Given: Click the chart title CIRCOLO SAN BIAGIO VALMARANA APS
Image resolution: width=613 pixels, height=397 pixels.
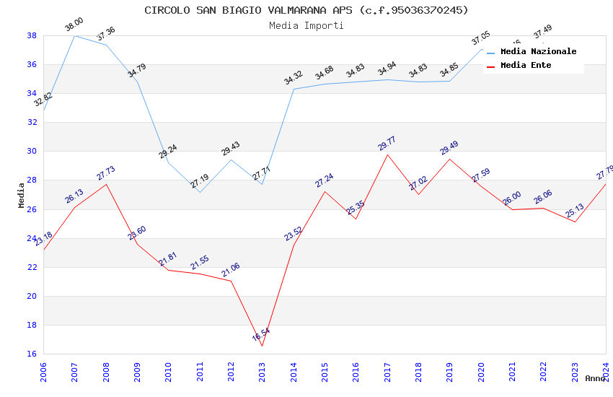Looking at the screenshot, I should click(x=306, y=10).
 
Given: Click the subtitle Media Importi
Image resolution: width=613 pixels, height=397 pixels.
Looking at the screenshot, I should click(x=306, y=25).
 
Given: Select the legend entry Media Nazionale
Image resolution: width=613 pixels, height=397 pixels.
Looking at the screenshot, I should click(x=538, y=51).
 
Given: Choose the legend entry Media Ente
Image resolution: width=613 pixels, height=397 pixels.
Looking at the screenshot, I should click(x=526, y=65).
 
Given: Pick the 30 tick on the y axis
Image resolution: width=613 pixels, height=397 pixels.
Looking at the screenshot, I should click(x=32, y=152).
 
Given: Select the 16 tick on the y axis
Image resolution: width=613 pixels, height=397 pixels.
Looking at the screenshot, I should click(x=32, y=354).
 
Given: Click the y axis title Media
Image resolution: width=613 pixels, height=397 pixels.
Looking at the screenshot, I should click(x=22, y=195).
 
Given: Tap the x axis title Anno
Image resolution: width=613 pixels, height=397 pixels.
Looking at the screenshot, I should click(x=595, y=378).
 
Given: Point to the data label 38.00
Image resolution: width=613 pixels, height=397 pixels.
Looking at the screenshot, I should click(x=74, y=25).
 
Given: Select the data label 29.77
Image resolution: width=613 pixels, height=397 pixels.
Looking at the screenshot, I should click(x=387, y=144).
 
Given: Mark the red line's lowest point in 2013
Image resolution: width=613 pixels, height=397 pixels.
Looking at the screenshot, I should click(x=263, y=346).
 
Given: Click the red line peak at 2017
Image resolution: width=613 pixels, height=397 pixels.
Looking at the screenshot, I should click(x=387, y=154).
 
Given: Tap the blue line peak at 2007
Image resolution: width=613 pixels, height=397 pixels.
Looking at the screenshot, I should click(x=75, y=35).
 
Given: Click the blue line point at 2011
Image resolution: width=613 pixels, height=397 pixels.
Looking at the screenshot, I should click(x=200, y=192).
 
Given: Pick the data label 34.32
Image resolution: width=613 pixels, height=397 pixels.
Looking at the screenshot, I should click(x=294, y=78).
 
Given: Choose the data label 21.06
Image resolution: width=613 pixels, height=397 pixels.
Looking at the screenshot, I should click(x=231, y=270).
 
